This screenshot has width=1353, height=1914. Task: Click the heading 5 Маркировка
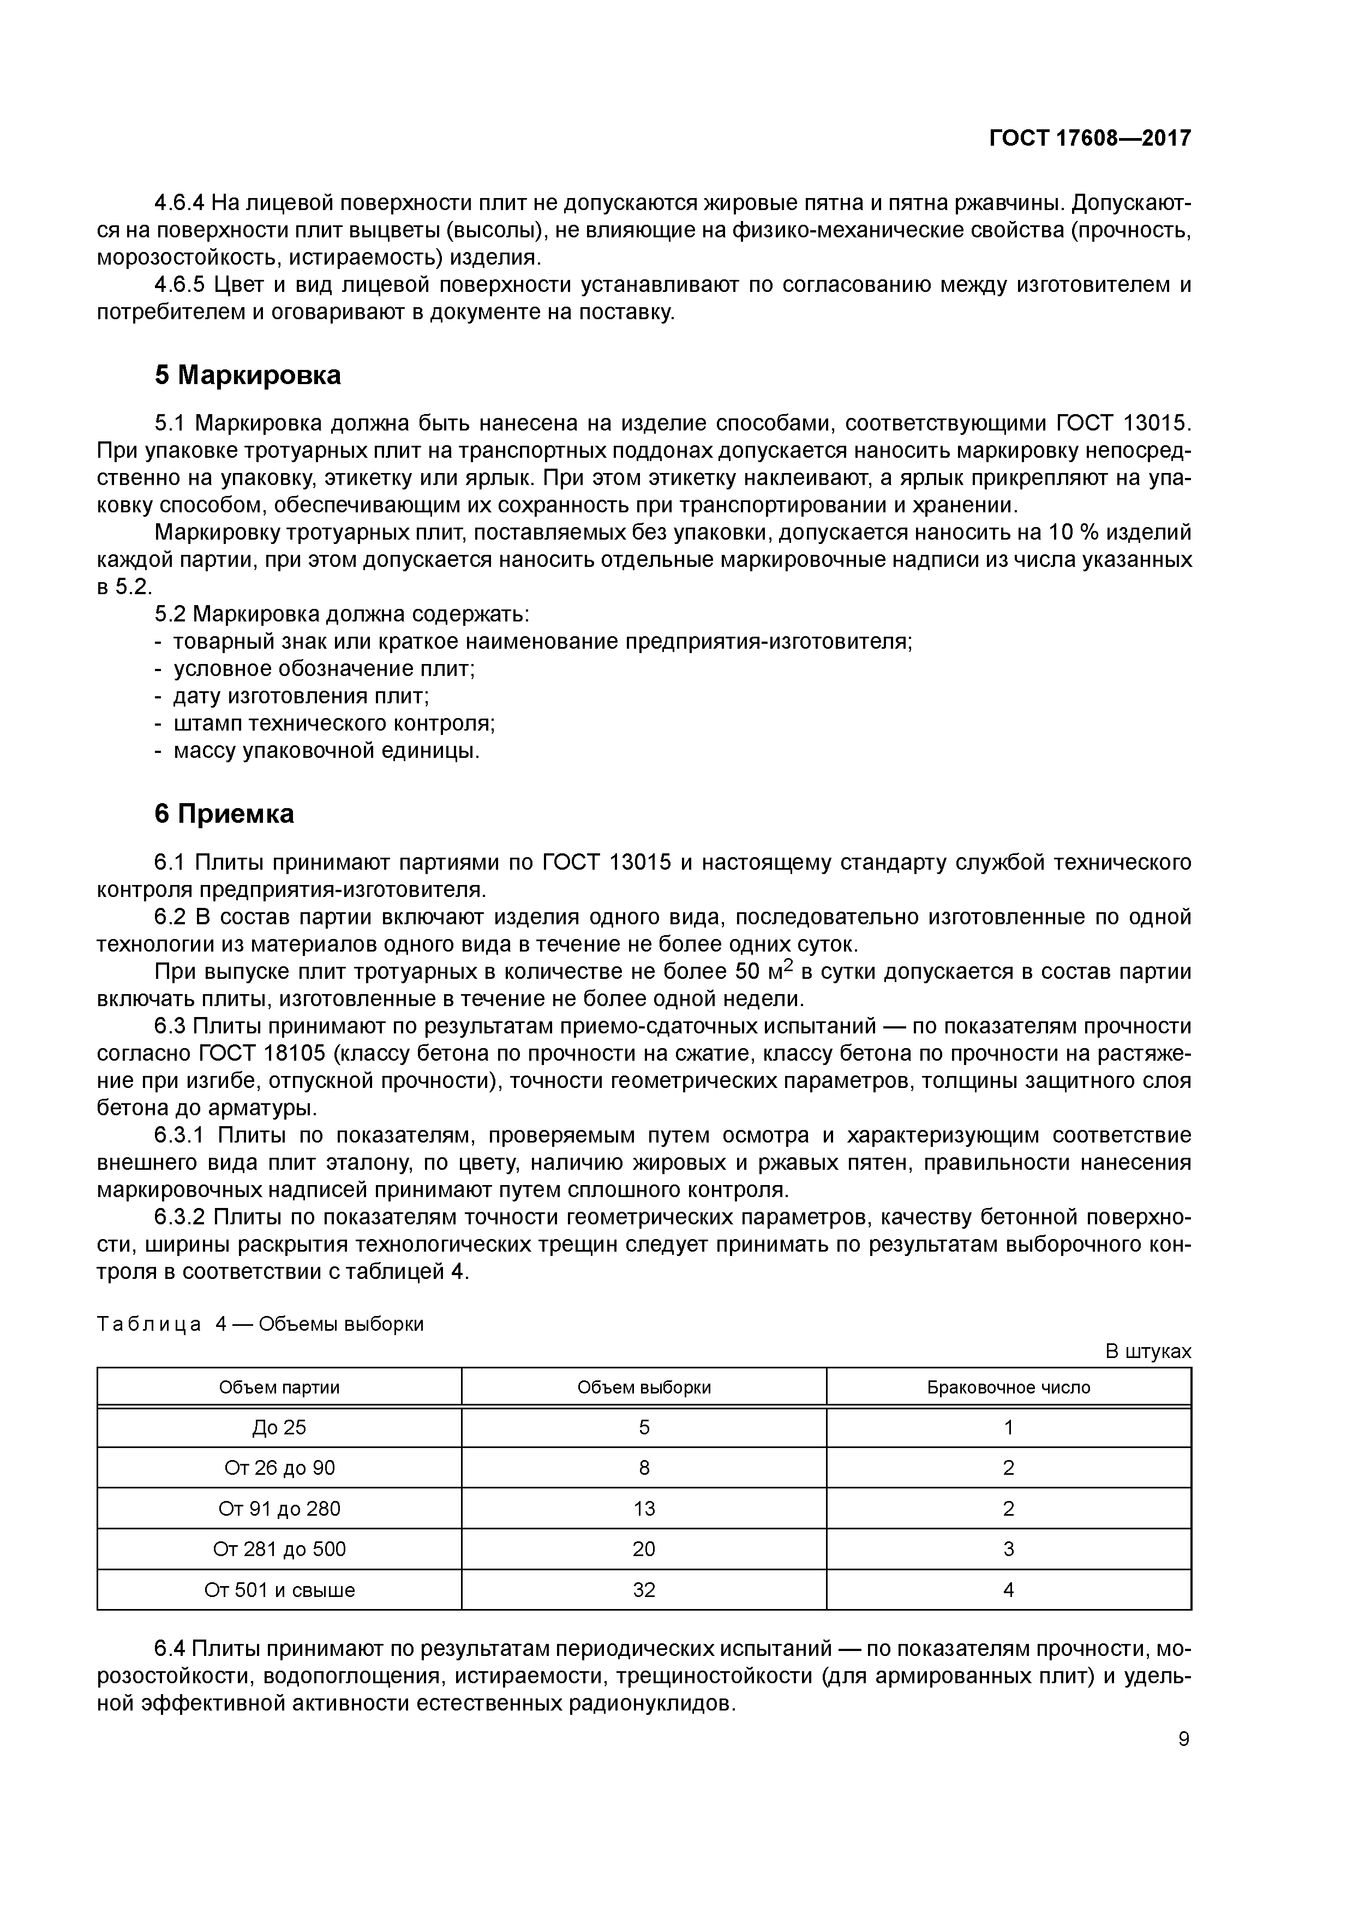pyautogui.click(x=248, y=375)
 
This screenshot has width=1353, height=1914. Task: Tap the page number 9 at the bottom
pyautogui.click(x=1184, y=1739)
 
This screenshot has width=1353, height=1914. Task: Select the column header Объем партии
pyautogui.click(x=279, y=1387)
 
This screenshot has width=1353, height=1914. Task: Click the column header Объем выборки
pyautogui.click(x=644, y=1387)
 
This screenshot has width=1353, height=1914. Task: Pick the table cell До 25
pyautogui.click(x=279, y=1428)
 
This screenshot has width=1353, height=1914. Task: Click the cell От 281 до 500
pyautogui.click(x=279, y=1549)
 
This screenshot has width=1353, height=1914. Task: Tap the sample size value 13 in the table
pyautogui.click(x=644, y=1509)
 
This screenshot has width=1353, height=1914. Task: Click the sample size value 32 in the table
pyautogui.click(x=644, y=1590)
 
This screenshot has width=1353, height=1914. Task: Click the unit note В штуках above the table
pyautogui.click(x=1148, y=1351)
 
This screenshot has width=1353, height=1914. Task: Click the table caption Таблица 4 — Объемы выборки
pyautogui.click(x=260, y=1324)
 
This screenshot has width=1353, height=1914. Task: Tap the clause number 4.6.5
pyautogui.click(x=179, y=285)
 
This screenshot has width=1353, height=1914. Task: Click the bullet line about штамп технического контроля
pyautogui.click(x=333, y=723)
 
